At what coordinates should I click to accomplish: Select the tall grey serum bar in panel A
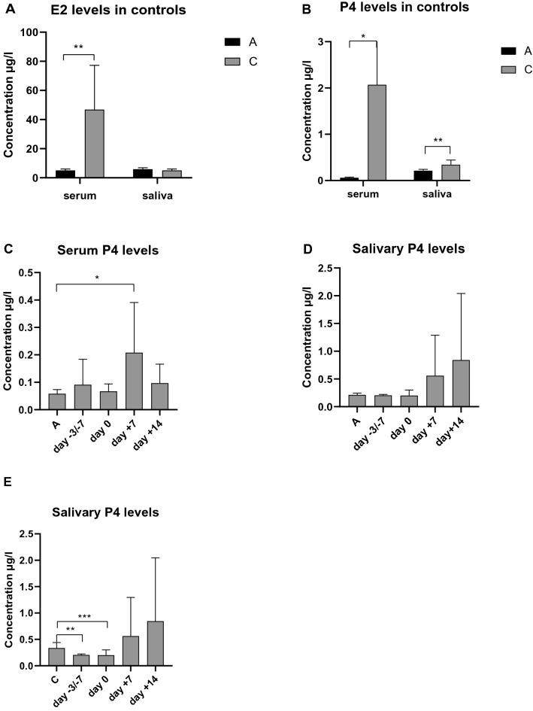click(94, 144)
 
